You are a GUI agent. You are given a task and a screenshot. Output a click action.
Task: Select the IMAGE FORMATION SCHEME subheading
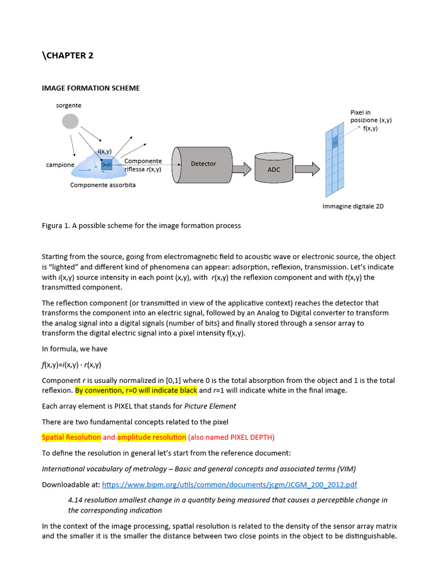[91, 88]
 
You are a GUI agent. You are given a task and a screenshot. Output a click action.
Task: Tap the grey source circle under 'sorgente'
[70, 122]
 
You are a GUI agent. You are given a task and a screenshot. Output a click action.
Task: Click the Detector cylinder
[203, 164]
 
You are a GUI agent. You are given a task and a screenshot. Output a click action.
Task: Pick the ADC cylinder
[274, 169]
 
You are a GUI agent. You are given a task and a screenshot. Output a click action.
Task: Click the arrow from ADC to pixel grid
[307, 169]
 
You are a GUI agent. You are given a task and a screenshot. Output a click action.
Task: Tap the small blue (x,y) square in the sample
[107, 165]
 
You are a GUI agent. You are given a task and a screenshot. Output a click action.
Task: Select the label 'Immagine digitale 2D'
[353, 206]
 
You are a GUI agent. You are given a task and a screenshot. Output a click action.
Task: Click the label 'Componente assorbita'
[103, 185]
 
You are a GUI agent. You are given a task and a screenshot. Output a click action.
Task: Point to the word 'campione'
[60, 165]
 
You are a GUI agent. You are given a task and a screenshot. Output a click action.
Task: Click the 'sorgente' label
[69, 105]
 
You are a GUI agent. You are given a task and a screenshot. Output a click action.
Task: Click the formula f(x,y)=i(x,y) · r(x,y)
[72, 365]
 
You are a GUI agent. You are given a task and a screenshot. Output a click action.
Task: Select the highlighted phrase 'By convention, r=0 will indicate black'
[136, 390]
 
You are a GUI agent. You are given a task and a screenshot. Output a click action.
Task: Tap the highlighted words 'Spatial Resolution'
[72, 437]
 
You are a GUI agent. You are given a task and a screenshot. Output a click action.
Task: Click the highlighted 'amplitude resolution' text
[152, 437]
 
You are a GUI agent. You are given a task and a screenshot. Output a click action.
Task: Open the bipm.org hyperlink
[229, 484]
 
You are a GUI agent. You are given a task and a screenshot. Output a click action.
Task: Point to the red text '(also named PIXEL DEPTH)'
[231, 437]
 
